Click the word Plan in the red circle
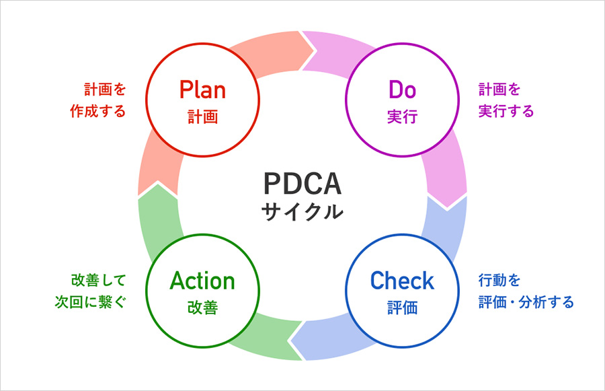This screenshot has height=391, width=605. (x=202, y=90)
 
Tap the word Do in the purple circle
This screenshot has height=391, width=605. (x=402, y=90)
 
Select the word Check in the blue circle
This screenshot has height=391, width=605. (x=402, y=280)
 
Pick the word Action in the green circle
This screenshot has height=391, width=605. (x=202, y=280)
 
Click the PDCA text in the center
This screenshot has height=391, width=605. (x=302, y=184)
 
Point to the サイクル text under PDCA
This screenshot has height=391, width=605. (x=302, y=212)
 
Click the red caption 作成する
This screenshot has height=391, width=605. (x=98, y=111)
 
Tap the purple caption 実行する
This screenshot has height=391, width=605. (x=506, y=111)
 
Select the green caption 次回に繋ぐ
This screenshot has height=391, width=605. (x=91, y=301)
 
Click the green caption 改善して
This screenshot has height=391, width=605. (x=98, y=279)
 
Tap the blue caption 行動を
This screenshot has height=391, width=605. (x=499, y=279)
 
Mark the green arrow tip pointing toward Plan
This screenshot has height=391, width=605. (x=156, y=190)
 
